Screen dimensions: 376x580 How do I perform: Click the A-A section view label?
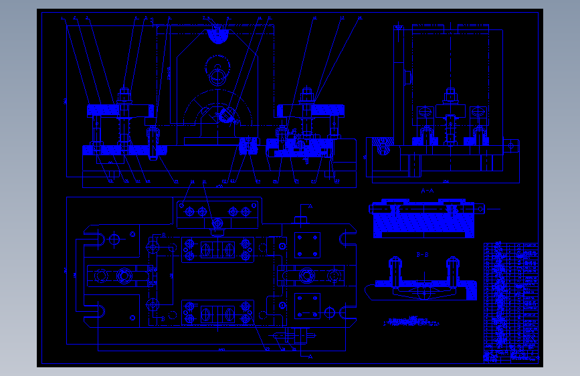[427, 191]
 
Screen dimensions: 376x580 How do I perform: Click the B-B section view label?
[423, 255]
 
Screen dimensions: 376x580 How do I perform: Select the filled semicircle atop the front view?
[217, 35]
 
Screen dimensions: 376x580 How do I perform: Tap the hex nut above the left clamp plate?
[124, 94]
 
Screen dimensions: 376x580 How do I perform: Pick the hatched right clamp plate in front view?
[310, 109]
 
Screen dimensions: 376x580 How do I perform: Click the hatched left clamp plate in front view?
[120, 109]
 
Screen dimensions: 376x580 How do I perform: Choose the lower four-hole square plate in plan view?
[308, 305]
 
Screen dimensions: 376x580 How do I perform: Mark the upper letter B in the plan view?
[163, 235]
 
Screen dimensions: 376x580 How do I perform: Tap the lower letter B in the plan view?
[163, 318]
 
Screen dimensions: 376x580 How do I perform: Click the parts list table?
[510, 302]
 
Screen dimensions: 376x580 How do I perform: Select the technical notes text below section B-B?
[412, 322]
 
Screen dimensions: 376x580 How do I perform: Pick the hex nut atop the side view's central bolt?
[450, 94]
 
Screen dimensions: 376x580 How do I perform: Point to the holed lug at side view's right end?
[512, 145]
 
